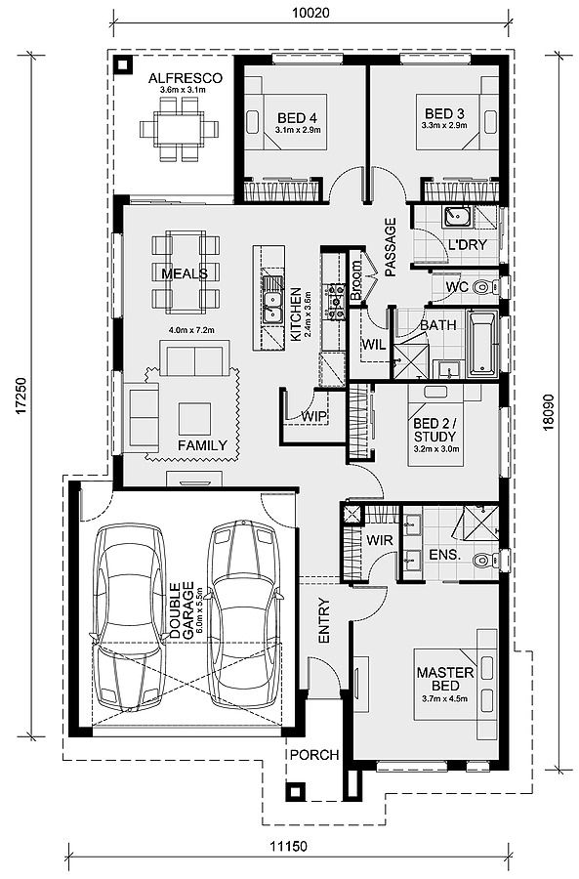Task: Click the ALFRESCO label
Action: click(x=185, y=78)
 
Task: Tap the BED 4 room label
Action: click(x=297, y=118)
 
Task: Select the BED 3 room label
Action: click(x=444, y=113)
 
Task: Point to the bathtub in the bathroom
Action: click(x=482, y=343)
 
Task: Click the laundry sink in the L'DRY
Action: click(x=456, y=217)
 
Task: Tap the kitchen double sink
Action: click(x=272, y=308)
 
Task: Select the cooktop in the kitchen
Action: click(x=336, y=302)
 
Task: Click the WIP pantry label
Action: click(x=313, y=416)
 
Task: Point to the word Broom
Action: click(x=356, y=280)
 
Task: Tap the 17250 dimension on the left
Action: click(x=21, y=396)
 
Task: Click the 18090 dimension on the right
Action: click(x=549, y=414)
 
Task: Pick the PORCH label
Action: click(x=314, y=755)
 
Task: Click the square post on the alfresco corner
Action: click(x=122, y=65)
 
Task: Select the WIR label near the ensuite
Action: click(x=380, y=540)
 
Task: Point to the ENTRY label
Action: click(x=324, y=621)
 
